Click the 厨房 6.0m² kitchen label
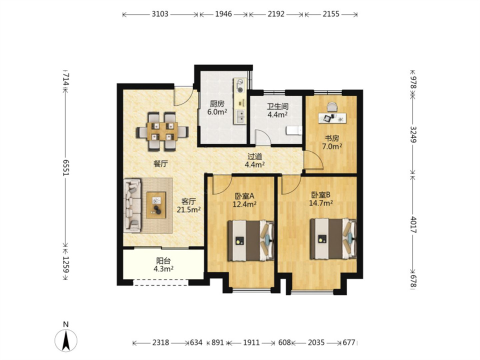point(217,108)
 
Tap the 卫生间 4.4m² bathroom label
point(277,110)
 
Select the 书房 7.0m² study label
point(332,142)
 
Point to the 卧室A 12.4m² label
point(244,200)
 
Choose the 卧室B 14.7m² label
point(321,199)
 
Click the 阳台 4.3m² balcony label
point(163,265)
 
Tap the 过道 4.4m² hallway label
point(254,160)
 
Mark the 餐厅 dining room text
point(160,164)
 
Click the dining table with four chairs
point(162,131)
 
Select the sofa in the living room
point(132,205)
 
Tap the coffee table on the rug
point(156,205)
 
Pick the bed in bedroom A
point(250,240)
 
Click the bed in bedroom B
point(333,238)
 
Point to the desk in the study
point(332,118)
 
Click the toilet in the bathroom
point(294,130)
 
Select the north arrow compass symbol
point(66,340)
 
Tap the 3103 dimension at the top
point(160,14)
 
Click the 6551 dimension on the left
point(66,167)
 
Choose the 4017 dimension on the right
point(414,224)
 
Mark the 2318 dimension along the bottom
point(160,342)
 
